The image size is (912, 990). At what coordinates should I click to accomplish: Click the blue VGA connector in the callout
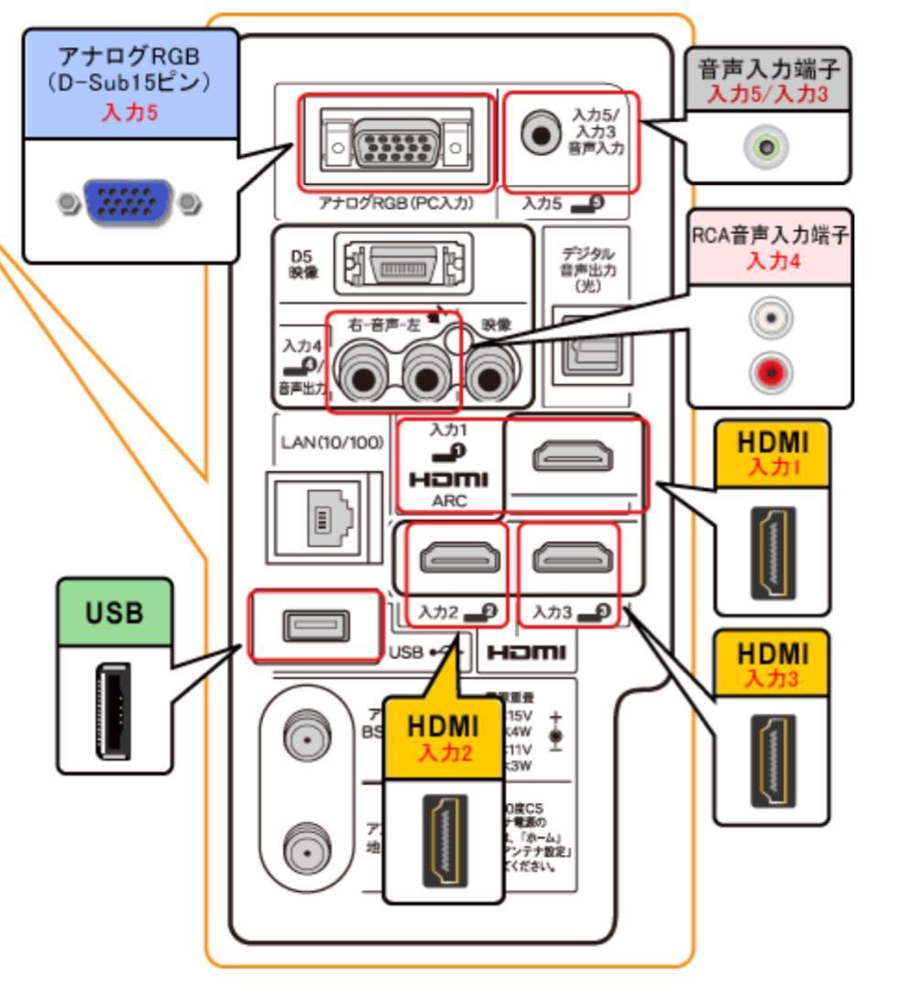point(126,202)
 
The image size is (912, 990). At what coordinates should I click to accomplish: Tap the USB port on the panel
point(313,626)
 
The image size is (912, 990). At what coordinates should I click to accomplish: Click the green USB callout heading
point(115,612)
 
